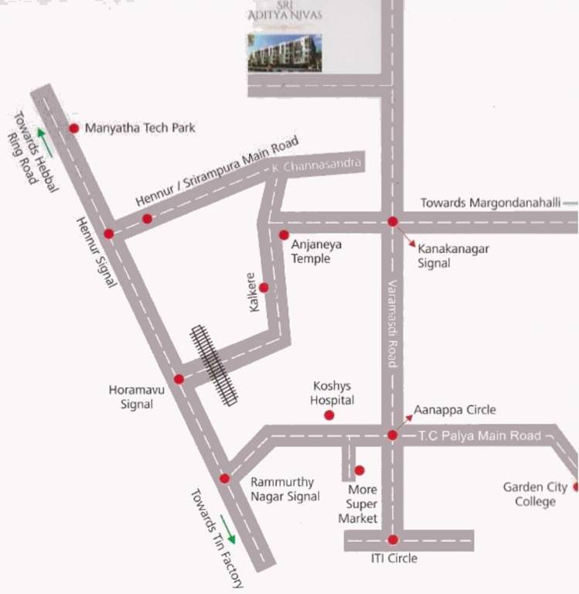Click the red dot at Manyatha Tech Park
(x=74, y=128)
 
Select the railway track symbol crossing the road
(x=214, y=364)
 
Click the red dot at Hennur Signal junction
(x=109, y=234)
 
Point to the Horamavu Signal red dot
(x=179, y=379)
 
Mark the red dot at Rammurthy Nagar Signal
(x=225, y=479)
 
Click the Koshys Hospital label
(x=332, y=392)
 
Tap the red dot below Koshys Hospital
(x=329, y=415)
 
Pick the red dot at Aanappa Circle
(x=393, y=435)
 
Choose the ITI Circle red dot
(x=393, y=540)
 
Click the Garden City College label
(x=530, y=494)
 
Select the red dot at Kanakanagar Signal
(x=393, y=221)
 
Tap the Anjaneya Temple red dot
(x=284, y=235)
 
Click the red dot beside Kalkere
(x=264, y=288)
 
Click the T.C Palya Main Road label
(x=479, y=436)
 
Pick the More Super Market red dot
(x=359, y=470)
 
